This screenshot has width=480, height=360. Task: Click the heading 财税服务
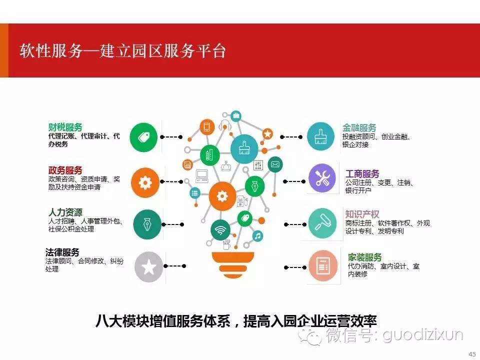pos(65,127)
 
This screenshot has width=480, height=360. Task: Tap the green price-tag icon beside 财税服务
pos(143,137)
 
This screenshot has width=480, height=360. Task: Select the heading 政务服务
pos(65,170)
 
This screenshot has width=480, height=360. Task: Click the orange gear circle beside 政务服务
pos(145,182)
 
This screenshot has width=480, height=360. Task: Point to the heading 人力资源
pos(65,212)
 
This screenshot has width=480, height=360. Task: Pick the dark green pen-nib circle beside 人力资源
pos(147,224)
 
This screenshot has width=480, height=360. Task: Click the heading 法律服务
pos(62,252)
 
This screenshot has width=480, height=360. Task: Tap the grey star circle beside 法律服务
pos(149,266)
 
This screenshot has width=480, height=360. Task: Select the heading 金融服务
pos(359,127)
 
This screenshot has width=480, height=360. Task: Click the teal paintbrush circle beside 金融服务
pos(321,137)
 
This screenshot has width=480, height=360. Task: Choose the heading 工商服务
pos(362,174)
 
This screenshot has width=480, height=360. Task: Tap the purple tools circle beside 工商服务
pos(322,178)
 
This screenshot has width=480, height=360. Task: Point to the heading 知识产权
pos(362,214)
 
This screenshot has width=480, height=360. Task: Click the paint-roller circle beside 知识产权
pos(322,223)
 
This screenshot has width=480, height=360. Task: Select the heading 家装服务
pos(364,257)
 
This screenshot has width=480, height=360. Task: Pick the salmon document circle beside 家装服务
pos(323,265)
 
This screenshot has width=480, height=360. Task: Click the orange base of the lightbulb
pos(233,264)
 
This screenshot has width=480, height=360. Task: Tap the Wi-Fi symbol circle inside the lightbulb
pos(220,229)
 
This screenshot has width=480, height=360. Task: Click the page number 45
pos(472,354)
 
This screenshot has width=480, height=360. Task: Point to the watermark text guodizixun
pos(423,335)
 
